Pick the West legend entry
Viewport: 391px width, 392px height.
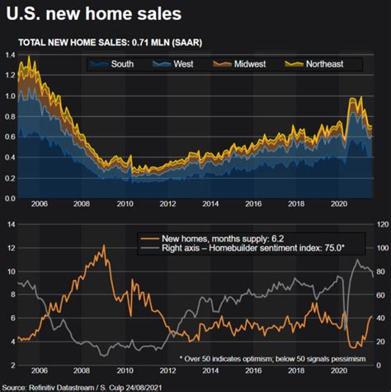point(188,63)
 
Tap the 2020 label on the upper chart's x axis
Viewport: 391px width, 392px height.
point(338,206)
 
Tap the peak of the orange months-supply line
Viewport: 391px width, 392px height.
point(103,246)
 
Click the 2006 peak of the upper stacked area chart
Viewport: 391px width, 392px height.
point(30,57)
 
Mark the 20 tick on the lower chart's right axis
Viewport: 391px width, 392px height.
point(381,341)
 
